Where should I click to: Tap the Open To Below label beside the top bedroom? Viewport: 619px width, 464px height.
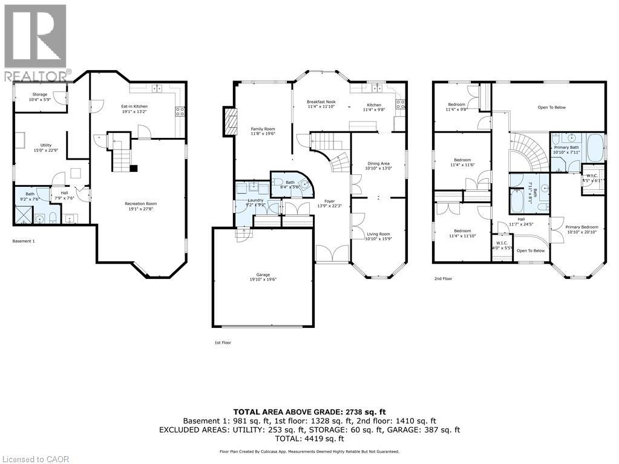[x=551, y=108]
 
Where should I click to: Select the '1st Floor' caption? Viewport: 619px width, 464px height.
[x=222, y=343]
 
